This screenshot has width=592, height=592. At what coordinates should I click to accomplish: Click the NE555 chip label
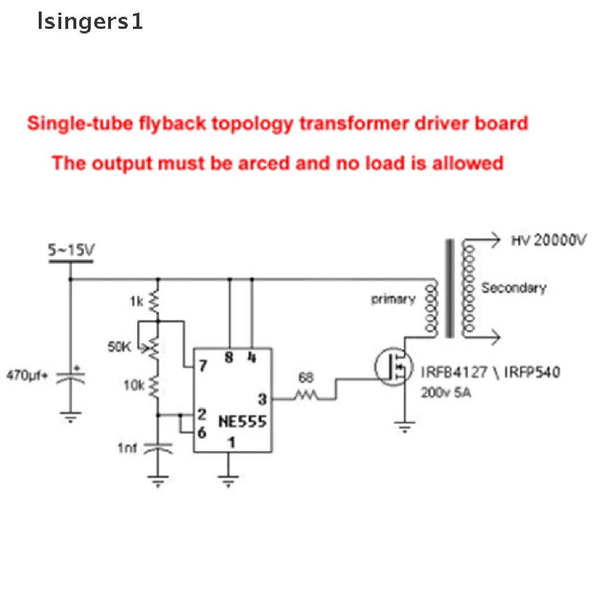(x=242, y=421)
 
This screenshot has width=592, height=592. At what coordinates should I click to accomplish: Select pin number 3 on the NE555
(x=262, y=398)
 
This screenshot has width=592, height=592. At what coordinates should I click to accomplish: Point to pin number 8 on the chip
(x=229, y=358)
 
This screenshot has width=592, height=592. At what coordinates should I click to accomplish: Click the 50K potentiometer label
(x=120, y=347)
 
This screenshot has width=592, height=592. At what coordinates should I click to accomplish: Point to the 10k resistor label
(x=134, y=384)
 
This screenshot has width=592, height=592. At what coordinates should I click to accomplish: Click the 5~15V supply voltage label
(x=71, y=251)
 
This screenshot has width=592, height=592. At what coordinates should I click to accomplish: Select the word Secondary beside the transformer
(x=513, y=288)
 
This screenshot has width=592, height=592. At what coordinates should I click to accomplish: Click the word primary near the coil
(x=393, y=299)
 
